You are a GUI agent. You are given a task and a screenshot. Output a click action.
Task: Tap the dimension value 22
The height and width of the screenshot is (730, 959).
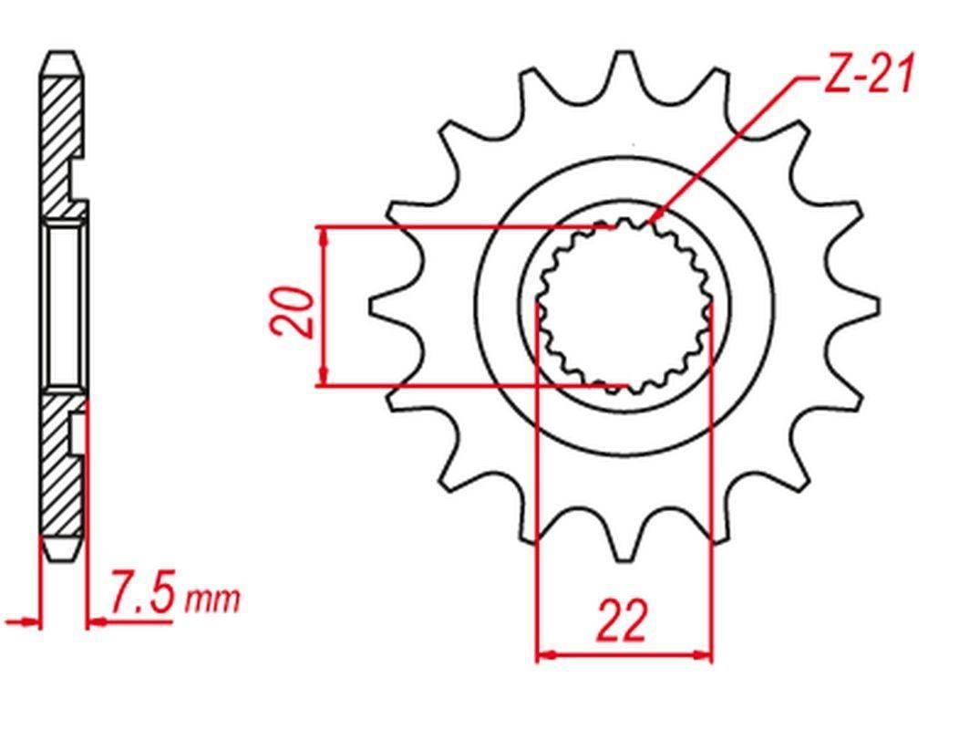624,620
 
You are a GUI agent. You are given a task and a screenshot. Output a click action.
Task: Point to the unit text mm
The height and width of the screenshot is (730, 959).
213,600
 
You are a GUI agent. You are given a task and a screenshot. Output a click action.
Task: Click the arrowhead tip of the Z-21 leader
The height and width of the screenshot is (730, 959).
653,223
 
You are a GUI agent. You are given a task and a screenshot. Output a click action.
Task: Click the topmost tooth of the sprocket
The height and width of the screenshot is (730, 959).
624,68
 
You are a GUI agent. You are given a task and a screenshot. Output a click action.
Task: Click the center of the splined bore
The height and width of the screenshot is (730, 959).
624,308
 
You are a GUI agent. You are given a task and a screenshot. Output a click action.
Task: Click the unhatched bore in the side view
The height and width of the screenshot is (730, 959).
64,306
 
